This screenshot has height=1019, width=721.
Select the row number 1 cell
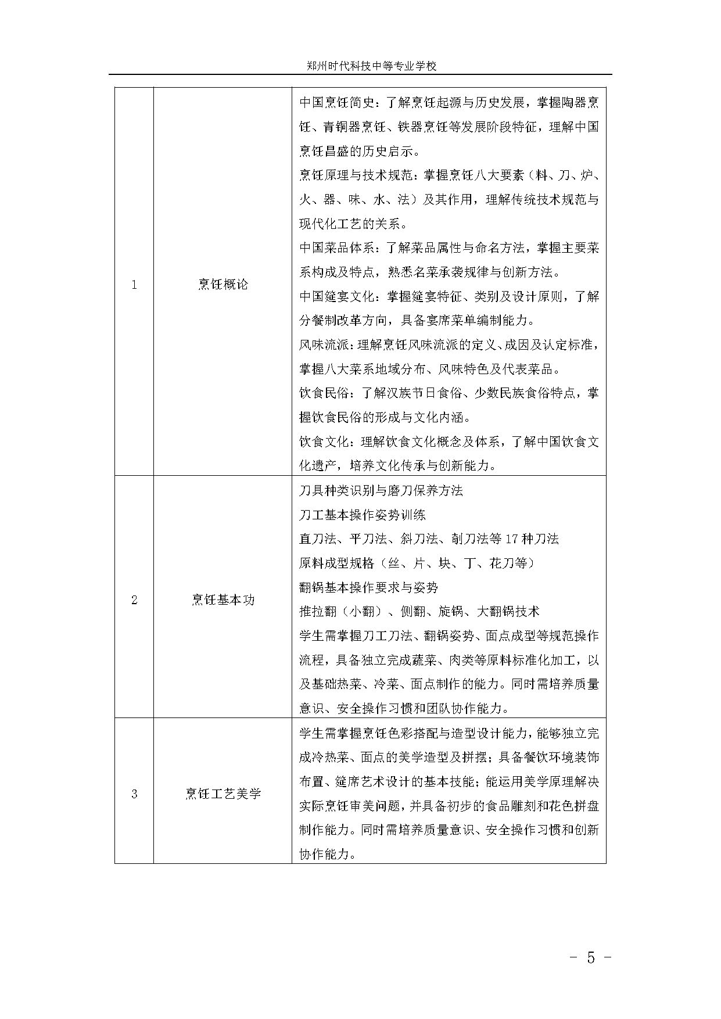tap(134, 285)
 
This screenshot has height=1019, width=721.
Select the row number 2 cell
tap(134, 600)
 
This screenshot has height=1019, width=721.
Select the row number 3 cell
tap(134, 794)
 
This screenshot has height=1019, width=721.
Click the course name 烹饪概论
tap(223, 285)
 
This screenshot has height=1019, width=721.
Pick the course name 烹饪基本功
tap(223, 600)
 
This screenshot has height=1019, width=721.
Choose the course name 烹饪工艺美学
tap(223, 794)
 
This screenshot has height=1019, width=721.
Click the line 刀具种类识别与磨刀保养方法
tap(381, 490)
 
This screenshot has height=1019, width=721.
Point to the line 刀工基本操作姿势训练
tap(363, 515)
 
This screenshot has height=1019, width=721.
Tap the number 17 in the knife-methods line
tap(511, 539)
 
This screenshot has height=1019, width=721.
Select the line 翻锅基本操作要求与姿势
tap(368, 587)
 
